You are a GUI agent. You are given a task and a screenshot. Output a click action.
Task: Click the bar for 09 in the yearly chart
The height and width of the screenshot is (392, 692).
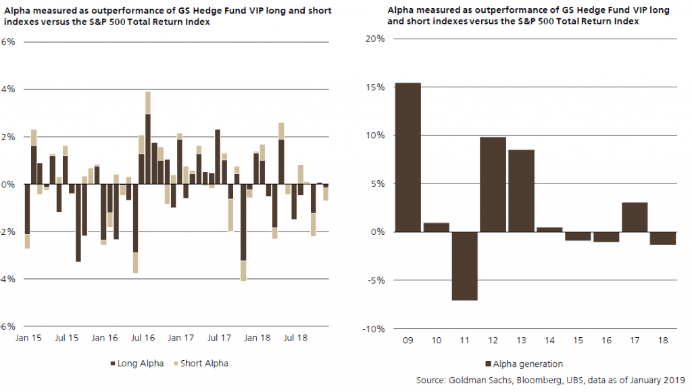pos(408,157)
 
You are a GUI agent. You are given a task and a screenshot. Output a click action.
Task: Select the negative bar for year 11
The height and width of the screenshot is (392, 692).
pos(465,265)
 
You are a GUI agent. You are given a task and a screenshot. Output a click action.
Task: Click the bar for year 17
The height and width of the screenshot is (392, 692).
pos(634,217)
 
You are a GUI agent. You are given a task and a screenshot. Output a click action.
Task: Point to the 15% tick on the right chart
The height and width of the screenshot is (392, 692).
pos(376,87)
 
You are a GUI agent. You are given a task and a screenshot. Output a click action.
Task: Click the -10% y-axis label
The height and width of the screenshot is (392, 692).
pos(374,329)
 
